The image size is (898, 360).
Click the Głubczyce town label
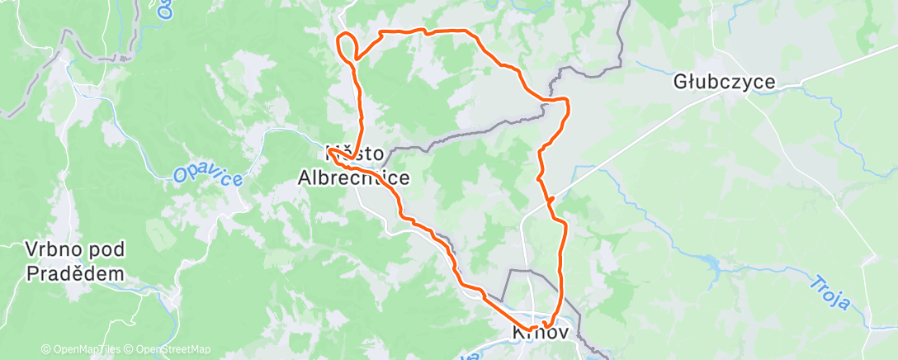click(724, 82)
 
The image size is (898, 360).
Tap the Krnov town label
click(541, 333)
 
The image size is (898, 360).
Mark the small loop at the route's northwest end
click(347, 45)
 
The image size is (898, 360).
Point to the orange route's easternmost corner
click(569, 102)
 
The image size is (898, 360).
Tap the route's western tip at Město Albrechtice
click(328, 151)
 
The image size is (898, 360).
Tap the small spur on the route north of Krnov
click(549, 199)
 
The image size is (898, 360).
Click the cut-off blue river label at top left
click(163, 10)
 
